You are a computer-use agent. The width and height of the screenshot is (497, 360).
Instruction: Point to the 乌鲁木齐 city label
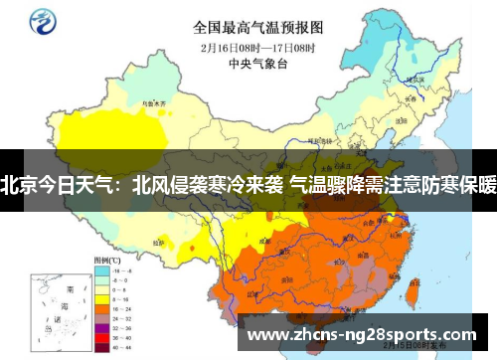[152, 101]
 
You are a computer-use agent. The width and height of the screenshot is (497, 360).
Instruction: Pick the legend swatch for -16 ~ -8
[102, 270]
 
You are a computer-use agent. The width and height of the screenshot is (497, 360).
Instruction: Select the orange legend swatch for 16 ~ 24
[102, 306]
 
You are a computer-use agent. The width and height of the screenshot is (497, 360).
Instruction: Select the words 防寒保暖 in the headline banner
[456, 184]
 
